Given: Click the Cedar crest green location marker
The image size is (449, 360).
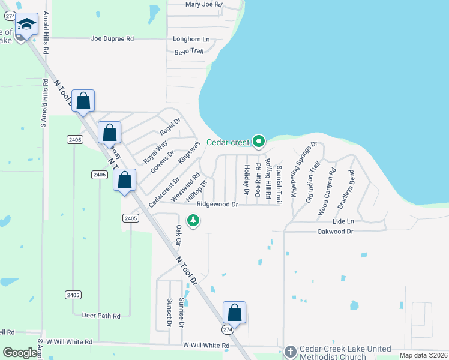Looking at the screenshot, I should [x=259, y=142].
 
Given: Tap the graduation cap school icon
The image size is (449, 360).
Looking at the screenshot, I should [x=26, y=25].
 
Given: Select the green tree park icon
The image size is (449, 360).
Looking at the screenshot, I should [x=193, y=221].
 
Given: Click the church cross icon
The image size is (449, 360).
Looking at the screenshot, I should [x=291, y=352].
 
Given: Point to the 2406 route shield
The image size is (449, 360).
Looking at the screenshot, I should [x=100, y=175].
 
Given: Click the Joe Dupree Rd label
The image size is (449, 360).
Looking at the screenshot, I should [x=112, y=38].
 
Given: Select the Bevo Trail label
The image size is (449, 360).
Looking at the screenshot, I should [x=189, y=51].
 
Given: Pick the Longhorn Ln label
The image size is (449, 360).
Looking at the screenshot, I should [x=191, y=39].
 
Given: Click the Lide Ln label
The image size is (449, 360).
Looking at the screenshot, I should [x=343, y=221].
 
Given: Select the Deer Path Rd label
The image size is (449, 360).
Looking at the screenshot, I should [x=101, y=315].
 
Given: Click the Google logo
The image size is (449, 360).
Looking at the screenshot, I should [x=20, y=353].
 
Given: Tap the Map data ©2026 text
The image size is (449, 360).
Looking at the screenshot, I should [x=423, y=355].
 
